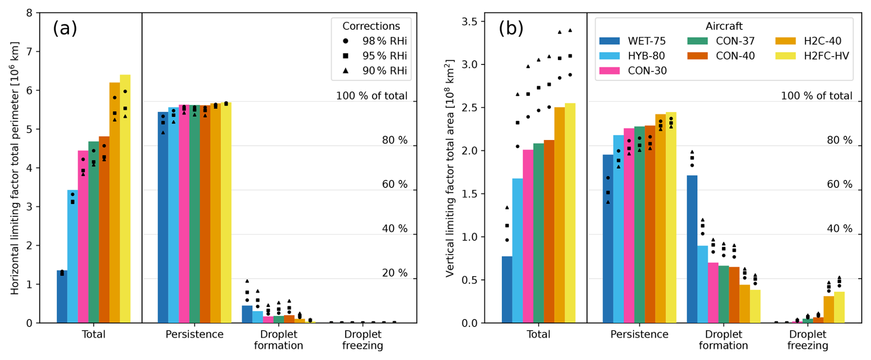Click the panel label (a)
coord(65,29)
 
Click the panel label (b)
coord(511,29)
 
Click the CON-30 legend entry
coord(633,70)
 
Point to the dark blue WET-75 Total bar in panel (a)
coord(62,297)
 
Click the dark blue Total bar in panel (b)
coord(507,290)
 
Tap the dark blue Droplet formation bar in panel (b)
coord(692,249)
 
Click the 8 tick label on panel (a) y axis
coord(29,13)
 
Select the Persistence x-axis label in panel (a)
coord(194,335)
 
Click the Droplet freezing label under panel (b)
coord(807,340)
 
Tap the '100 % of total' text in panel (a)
coord(372,96)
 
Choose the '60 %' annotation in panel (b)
coord(840,185)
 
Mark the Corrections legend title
coord(371,26)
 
